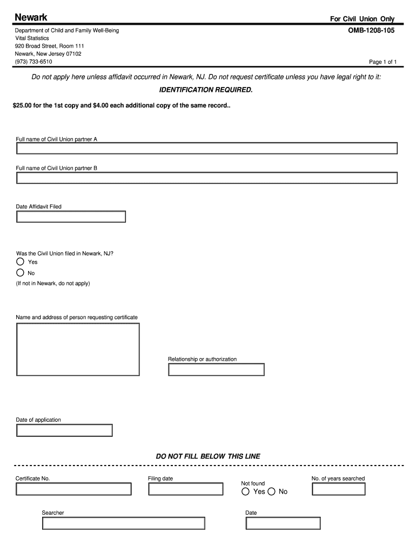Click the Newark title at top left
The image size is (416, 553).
(31, 18)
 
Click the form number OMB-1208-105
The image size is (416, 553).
(371, 31)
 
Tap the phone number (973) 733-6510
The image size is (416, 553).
(33, 62)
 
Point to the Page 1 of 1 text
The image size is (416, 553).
(383, 62)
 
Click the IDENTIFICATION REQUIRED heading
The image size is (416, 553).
(205, 89)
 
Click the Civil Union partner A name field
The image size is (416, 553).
(207, 149)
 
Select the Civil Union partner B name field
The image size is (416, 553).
(207, 178)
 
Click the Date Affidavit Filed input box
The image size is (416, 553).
(71, 217)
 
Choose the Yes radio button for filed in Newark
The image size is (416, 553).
(21, 262)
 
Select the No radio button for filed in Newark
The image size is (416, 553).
(21, 273)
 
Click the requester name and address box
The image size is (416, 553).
(78, 349)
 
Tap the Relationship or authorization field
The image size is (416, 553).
(216, 369)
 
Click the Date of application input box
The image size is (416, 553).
(64, 430)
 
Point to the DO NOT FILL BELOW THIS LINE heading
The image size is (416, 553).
(208, 456)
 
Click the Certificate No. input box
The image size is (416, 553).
(73, 489)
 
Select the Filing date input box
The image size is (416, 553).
(186, 489)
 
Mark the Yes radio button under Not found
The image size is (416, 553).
(246, 491)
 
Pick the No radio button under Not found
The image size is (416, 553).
(271, 491)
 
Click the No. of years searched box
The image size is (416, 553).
(339, 489)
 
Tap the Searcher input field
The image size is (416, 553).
(124, 523)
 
